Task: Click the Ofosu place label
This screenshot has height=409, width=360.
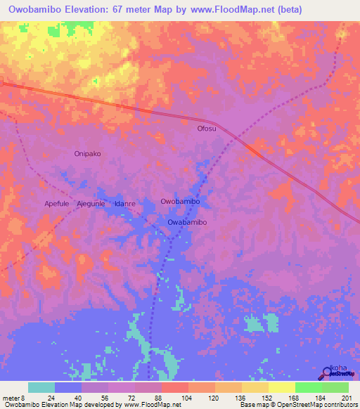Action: tap(207, 129)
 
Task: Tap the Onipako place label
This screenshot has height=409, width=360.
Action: tap(88, 153)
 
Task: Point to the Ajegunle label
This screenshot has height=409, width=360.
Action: tap(91, 203)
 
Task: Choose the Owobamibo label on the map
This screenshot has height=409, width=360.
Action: tap(181, 201)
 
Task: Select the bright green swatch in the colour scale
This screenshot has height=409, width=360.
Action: tap(308, 387)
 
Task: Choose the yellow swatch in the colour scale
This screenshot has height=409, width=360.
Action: tap(281, 387)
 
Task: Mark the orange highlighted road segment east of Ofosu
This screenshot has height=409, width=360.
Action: tap(254, 150)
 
